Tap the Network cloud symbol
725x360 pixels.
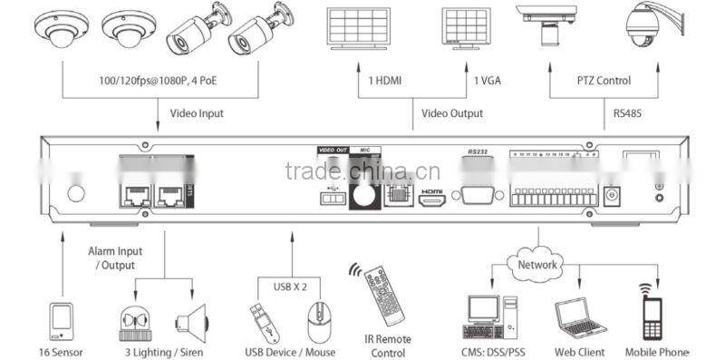coord(538,265)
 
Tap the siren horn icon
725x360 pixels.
coord(194,320)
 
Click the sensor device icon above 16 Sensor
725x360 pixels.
coord(61,320)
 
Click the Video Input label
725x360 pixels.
coord(197,114)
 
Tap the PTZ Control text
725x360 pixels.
coord(604,81)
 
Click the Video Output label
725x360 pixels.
coord(452,114)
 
